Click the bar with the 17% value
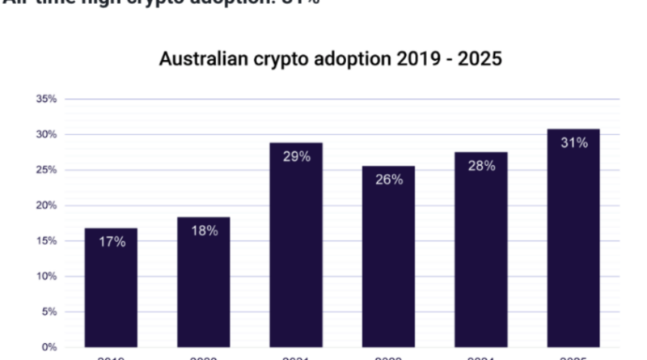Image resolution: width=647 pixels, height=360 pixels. coord(111,291)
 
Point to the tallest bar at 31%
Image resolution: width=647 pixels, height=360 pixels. coord(573,243)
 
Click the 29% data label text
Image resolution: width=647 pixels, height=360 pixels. coord(296,157)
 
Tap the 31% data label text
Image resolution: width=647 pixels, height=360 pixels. coord(573,142)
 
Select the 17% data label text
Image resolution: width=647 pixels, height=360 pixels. coord(112,242)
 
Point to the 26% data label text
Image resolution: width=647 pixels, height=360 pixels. coord(388,180)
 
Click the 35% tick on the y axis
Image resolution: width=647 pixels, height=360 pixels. coord(45,99)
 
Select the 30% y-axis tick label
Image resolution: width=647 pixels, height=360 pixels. coord(45,134)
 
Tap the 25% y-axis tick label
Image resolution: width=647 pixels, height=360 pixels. coord(45,170)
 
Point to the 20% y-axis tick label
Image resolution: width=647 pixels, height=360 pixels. coord(45,205)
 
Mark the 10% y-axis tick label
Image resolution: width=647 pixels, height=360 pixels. coord(45,276)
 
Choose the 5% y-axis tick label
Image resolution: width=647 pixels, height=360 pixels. coord(49,311)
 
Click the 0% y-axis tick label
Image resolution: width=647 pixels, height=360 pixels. coord(49,347)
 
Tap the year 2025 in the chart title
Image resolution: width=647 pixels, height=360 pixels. coord(480,60)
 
